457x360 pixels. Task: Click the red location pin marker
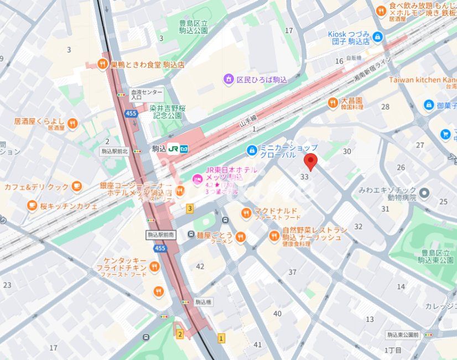pos(311,163)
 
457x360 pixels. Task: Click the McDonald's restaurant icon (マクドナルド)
pos(246,213)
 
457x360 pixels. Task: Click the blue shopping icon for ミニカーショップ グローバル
pos(252,150)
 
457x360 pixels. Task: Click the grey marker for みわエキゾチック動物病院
pos(424,193)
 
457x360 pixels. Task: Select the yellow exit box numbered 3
pos(190,208)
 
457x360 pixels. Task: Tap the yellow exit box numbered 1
pos(222,337)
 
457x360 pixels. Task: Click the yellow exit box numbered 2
pos(179,334)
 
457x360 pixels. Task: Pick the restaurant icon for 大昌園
pos(332,102)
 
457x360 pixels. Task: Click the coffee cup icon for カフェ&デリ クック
pos(76,186)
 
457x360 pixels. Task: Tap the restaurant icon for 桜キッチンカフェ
pos(32,206)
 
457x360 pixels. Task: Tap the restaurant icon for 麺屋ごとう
pos(240,237)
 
